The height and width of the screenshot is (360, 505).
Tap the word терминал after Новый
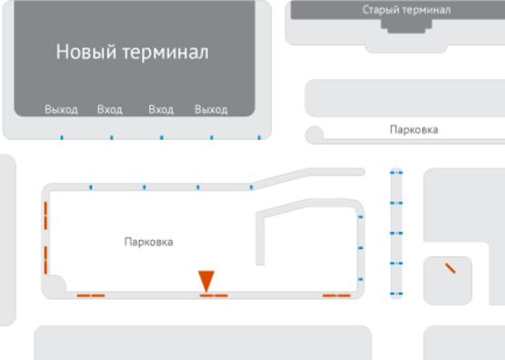[x=167, y=52]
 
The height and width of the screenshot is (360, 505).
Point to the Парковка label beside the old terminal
[x=413, y=130]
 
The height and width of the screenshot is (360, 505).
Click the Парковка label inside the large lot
[x=148, y=242]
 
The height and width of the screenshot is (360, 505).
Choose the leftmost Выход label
[x=61, y=110]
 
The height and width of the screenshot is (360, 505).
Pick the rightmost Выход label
[x=211, y=110]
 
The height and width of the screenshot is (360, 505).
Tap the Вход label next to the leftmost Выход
[x=109, y=110]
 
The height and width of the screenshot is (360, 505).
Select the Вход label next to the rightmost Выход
[x=161, y=110]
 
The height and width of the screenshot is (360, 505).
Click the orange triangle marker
[x=207, y=279]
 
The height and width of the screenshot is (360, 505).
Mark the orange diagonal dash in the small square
[x=449, y=268]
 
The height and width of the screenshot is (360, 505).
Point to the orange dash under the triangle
[x=214, y=295]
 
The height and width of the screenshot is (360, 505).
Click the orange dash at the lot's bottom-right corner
[x=337, y=295]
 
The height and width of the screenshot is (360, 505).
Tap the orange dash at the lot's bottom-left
[x=90, y=295]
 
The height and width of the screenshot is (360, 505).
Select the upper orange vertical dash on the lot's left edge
[x=45, y=218]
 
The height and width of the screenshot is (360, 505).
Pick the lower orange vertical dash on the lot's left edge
[x=45, y=258]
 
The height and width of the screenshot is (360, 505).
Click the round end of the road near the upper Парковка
[x=315, y=135]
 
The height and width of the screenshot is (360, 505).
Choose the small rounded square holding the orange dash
[x=448, y=281]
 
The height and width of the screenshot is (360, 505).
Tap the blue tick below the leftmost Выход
[x=61, y=138]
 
